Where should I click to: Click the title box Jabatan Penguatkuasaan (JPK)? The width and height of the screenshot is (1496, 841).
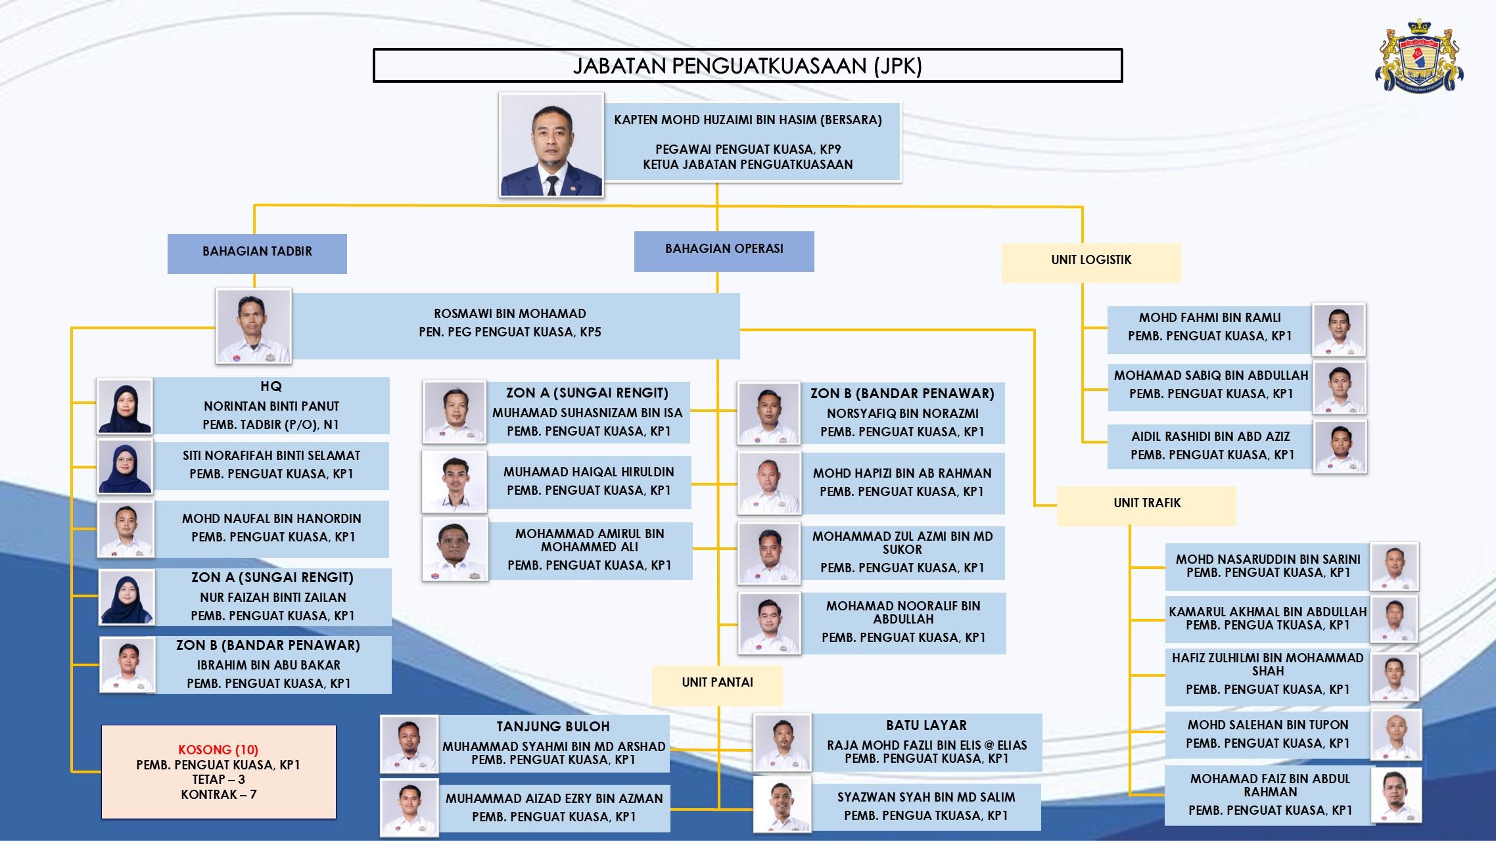[x=747, y=66]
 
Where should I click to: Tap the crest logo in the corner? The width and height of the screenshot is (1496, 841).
[x=1419, y=57]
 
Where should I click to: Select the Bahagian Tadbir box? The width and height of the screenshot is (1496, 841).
[x=257, y=254]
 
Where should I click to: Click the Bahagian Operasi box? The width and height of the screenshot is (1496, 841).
[x=724, y=251]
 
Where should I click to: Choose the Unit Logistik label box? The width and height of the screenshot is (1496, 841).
[x=1091, y=263]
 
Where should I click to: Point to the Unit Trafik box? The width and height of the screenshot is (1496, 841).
[x=1146, y=506]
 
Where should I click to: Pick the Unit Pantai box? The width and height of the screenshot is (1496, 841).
[x=717, y=685]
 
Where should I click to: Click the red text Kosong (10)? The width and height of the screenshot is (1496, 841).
[x=218, y=750]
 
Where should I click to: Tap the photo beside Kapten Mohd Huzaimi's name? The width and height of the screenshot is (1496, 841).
[x=551, y=145]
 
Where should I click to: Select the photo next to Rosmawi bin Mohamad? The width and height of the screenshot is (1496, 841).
[x=254, y=326]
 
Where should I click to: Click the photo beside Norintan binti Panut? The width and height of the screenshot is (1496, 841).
[x=126, y=406]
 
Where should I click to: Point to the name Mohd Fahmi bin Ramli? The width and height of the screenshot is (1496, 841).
[x=1210, y=317]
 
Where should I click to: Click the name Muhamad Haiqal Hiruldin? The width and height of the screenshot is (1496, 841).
[x=589, y=472]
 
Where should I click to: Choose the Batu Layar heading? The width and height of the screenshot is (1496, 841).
[x=926, y=725]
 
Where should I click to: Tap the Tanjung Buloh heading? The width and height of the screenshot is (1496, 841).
[x=553, y=727]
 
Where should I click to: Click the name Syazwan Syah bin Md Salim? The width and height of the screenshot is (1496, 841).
[x=926, y=797]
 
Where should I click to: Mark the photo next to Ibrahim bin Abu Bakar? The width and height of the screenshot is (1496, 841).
[x=128, y=665]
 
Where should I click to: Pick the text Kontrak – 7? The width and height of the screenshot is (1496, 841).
[x=219, y=794]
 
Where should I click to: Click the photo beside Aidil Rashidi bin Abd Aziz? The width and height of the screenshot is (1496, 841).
[x=1340, y=447]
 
